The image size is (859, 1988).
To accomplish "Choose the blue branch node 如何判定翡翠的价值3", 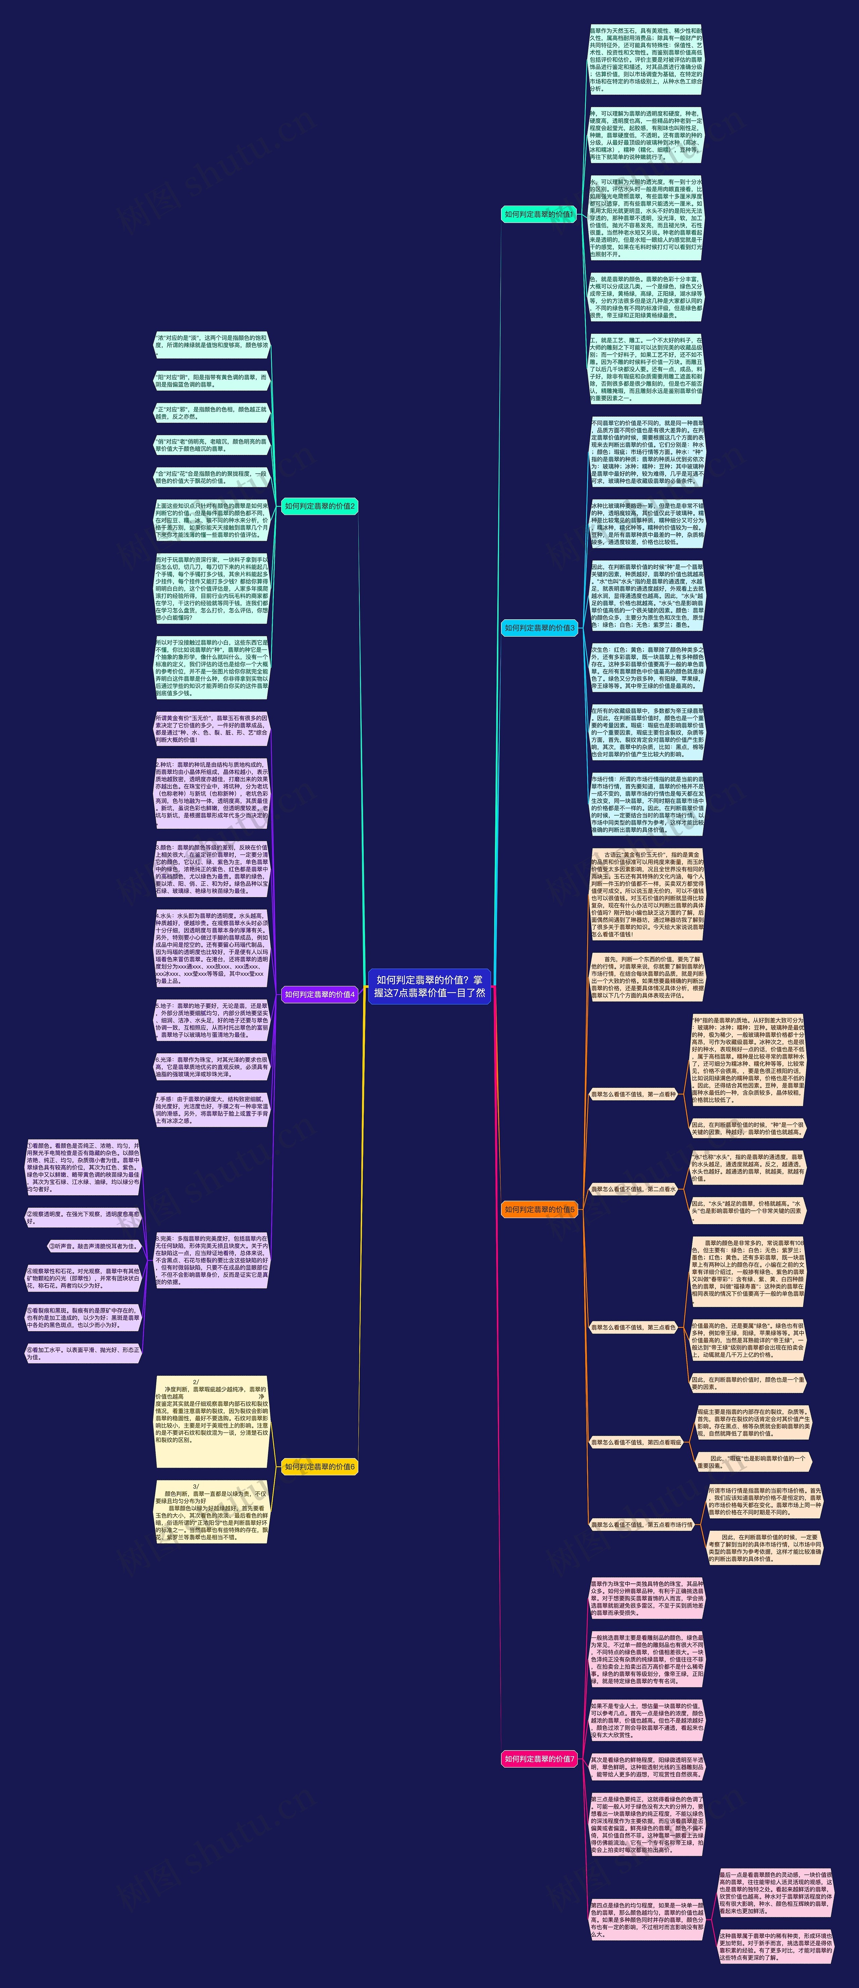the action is (x=539, y=628).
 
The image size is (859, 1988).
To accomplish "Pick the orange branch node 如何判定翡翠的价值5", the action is (x=539, y=1209).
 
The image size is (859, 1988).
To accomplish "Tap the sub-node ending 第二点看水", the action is (x=633, y=1189).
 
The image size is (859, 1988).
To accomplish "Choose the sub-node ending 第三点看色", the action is (x=633, y=1327).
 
